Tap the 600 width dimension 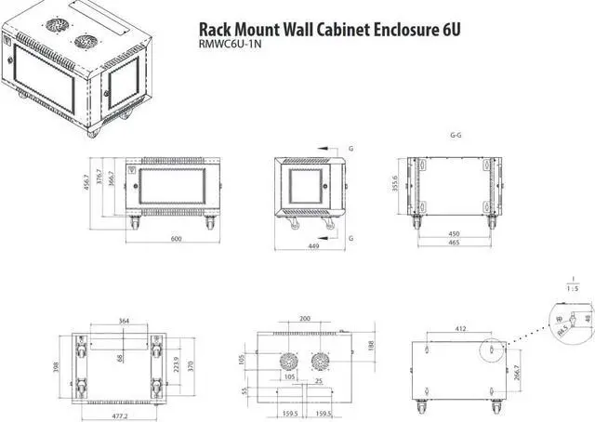tap(175, 239)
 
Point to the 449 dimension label tap(313, 247)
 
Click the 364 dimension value tap(125, 322)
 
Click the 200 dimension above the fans tap(305, 319)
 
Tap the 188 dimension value tap(371, 346)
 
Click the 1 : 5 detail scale tap(575, 289)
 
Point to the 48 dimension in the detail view tap(587, 319)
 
